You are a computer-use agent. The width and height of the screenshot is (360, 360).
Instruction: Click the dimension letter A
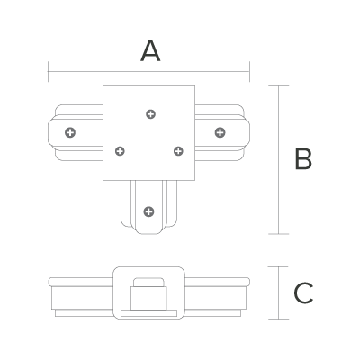tap(150, 51)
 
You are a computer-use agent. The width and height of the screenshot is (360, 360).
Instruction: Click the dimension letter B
tap(303, 159)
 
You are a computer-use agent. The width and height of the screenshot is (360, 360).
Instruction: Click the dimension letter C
tap(303, 292)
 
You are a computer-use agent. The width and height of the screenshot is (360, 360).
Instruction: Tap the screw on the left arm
tap(70, 132)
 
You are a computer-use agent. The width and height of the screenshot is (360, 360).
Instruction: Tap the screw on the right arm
tap(220, 132)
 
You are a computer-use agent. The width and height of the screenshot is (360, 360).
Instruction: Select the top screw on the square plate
tap(150, 114)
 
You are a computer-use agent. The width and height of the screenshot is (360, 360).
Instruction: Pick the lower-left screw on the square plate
tap(120, 151)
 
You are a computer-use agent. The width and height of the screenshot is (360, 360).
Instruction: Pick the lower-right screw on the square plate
tap(178, 151)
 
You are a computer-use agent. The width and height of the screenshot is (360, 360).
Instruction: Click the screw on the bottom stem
tap(148, 211)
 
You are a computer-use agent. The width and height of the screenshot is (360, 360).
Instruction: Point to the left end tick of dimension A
tap(48, 72)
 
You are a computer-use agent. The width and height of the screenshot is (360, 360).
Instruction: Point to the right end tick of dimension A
tap(249, 72)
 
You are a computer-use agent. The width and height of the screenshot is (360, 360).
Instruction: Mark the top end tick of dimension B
tap(279, 86)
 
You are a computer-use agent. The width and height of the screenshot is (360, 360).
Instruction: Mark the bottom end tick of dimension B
tap(279, 234)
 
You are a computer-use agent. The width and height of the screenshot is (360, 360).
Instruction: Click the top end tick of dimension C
tap(279, 266)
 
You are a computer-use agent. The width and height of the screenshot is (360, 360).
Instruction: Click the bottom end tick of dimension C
tap(279, 319)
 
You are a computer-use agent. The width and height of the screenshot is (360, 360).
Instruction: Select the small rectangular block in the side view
tap(148, 298)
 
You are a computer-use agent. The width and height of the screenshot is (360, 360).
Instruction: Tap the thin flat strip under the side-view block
tap(148, 313)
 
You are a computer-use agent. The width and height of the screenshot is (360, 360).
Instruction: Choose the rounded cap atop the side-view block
tap(148, 283)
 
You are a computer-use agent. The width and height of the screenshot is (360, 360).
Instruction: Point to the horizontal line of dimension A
tap(148, 72)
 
